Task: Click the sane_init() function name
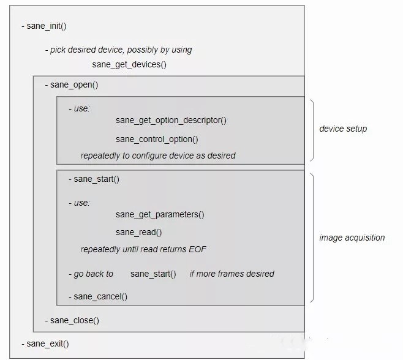tap(47, 26)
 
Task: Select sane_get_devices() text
tap(129, 65)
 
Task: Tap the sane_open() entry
tap(74, 85)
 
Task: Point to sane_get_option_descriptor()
tap(171, 121)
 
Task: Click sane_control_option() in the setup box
tap(157, 140)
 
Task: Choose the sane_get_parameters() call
tap(160, 215)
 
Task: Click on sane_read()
tap(139, 233)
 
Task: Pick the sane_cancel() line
tap(100, 297)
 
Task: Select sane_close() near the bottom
tap(75, 321)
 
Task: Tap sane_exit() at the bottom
tap(48, 344)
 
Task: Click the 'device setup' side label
tap(343, 129)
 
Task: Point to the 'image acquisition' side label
tap(352, 238)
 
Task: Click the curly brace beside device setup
tap(313, 130)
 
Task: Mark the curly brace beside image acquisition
tap(313, 238)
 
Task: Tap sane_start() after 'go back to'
tap(153, 274)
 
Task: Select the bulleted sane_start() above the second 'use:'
tap(96, 179)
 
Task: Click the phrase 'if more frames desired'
tap(232, 274)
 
